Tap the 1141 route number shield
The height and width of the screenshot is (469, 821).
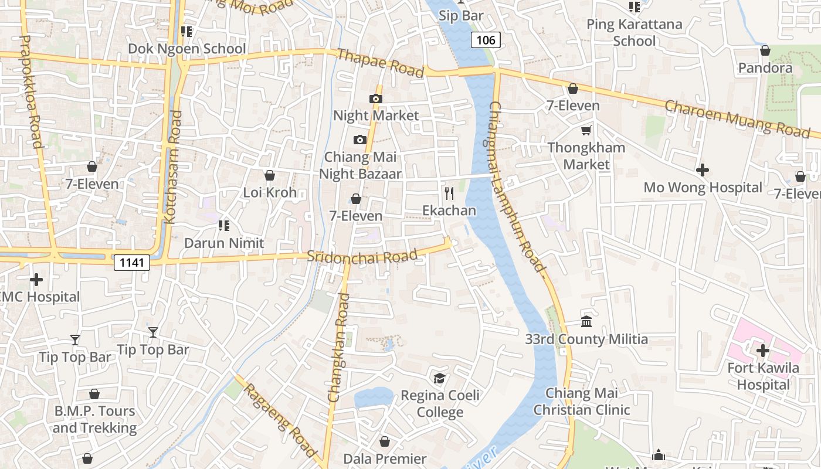tap(132, 263)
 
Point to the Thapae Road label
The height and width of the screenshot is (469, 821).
tap(381, 63)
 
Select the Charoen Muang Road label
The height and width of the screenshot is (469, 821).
tap(737, 119)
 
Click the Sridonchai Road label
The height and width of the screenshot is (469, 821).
tap(362, 256)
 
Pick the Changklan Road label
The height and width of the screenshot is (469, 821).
tap(338, 348)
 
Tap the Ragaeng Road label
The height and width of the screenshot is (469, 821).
tap(280, 420)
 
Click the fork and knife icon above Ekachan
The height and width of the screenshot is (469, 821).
tap(449, 193)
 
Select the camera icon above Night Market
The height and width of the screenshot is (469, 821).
tap(376, 98)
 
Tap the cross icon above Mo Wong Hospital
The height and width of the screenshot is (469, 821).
tap(703, 171)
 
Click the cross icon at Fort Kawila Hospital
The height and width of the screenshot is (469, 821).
tap(762, 351)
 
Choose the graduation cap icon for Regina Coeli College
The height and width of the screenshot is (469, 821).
tap(439, 378)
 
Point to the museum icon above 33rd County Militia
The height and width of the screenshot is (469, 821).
tap(586, 321)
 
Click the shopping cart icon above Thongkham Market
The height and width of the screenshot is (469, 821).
tap(586, 130)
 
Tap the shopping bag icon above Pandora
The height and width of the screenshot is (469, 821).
tap(765, 50)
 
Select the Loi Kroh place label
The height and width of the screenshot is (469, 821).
tap(270, 192)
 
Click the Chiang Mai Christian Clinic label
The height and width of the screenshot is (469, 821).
tap(582, 402)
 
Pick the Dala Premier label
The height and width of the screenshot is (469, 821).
tap(385, 458)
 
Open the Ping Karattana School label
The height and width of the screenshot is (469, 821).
tap(635, 33)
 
